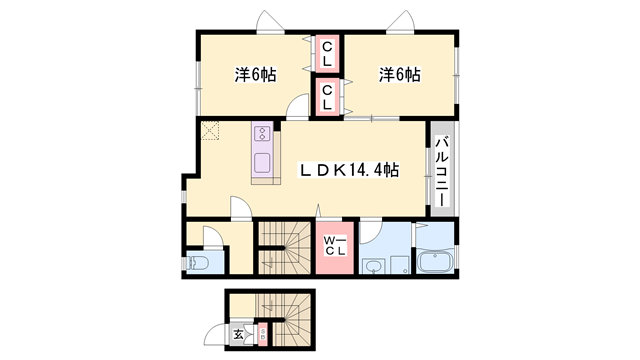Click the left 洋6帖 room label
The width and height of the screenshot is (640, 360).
[x=256, y=74]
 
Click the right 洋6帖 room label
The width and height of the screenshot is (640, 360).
[x=399, y=74]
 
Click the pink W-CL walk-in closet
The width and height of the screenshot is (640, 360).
[x=334, y=246]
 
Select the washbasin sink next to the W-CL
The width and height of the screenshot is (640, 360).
[x=374, y=266]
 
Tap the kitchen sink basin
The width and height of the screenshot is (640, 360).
[x=263, y=163]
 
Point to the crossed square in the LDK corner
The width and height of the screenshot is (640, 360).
[x=209, y=130]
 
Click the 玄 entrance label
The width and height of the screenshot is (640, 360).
[x=240, y=335]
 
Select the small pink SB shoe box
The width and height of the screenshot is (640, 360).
[x=263, y=334]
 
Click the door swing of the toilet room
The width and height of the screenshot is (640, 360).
[x=211, y=237]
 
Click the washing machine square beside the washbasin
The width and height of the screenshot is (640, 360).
[x=400, y=266]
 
